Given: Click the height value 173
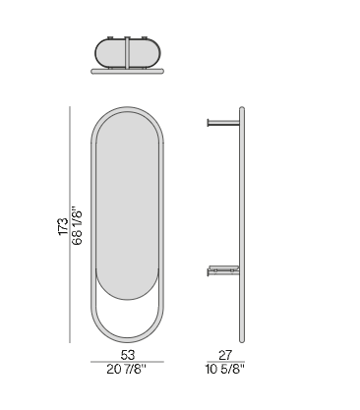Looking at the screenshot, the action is (x=63, y=226).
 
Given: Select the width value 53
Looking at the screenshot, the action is (x=128, y=355).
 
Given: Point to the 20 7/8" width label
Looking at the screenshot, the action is (x=126, y=370).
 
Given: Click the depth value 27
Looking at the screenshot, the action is (x=225, y=355).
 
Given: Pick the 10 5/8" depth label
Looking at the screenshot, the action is (x=225, y=370).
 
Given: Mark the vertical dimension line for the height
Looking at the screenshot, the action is (x=70, y=224).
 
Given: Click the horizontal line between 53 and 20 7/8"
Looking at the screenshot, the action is (x=127, y=362).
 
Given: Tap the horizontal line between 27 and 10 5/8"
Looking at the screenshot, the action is (x=225, y=362).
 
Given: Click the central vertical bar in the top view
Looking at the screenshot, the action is (x=127, y=53).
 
